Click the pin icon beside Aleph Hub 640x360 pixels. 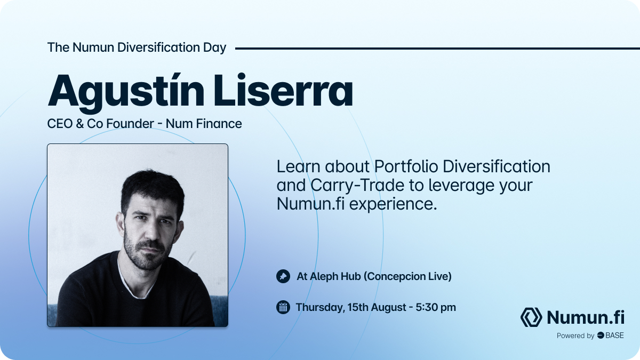(x=283, y=276)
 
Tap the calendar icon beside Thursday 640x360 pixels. (x=283, y=307)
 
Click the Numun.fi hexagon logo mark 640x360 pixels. (x=531, y=317)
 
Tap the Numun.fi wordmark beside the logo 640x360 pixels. (x=586, y=317)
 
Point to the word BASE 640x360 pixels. (x=614, y=335)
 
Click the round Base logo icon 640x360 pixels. (x=600, y=335)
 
